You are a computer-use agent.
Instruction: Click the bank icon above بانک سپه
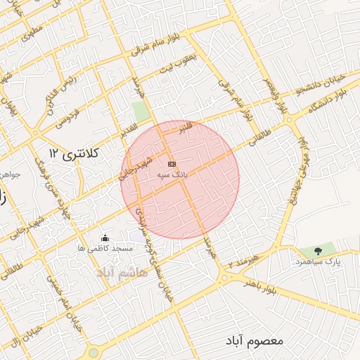click(x=172, y=163)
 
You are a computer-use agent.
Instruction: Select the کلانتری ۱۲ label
click(x=76, y=152)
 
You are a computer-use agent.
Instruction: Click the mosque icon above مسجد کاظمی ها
click(x=105, y=238)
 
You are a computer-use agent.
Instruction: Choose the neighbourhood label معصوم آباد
click(x=255, y=340)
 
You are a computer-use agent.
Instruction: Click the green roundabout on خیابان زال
click(x=92, y=352)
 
